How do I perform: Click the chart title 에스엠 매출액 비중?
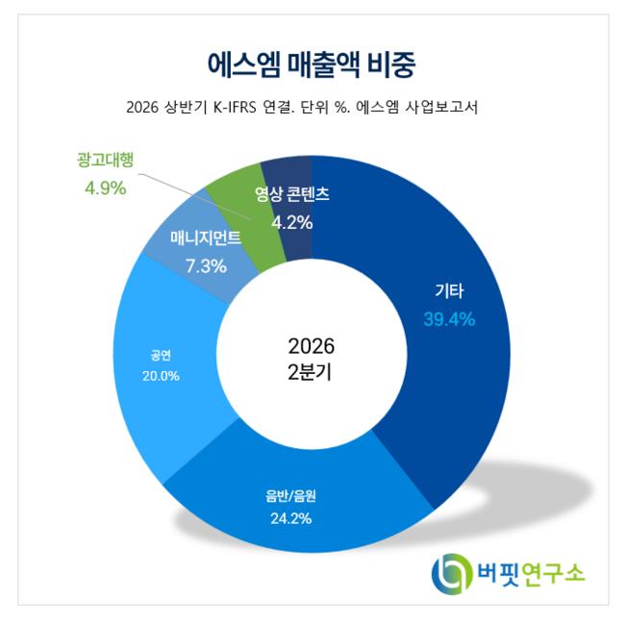pyautogui.click(x=312, y=65)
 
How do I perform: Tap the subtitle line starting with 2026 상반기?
pyautogui.click(x=302, y=108)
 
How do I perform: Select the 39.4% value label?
pyautogui.click(x=449, y=319)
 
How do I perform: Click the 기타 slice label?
pyautogui.click(x=449, y=291)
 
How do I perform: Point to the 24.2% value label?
pyautogui.click(x=291, y=518)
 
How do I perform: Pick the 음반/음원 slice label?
pyautogui.click(x=291, y=495)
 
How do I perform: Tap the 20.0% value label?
pyautogui.click(x=161, y=376)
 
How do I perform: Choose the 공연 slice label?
pyautogui.click(x=161, y=355)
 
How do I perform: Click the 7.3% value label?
pyautogui.click(x=206, y=266)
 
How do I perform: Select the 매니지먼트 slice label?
pyautogui.click(x=206, y=237)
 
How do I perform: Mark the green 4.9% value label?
pyautogui.click(x=106, y=188)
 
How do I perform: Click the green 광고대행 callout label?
pyautogui.click(x=105, y=161)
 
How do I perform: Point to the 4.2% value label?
pyautogui.click(x=291, y=222)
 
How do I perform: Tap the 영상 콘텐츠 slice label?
pyautogui.click(x=292, y=194)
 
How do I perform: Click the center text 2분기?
pyautogui.click(x=310, y=373)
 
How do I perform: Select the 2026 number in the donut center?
pyautogui.click(x=312, y=346)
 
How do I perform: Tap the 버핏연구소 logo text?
pyautogui.click(x=531, y=573)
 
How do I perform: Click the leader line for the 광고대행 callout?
pyautogui.click(x=195, y=196)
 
